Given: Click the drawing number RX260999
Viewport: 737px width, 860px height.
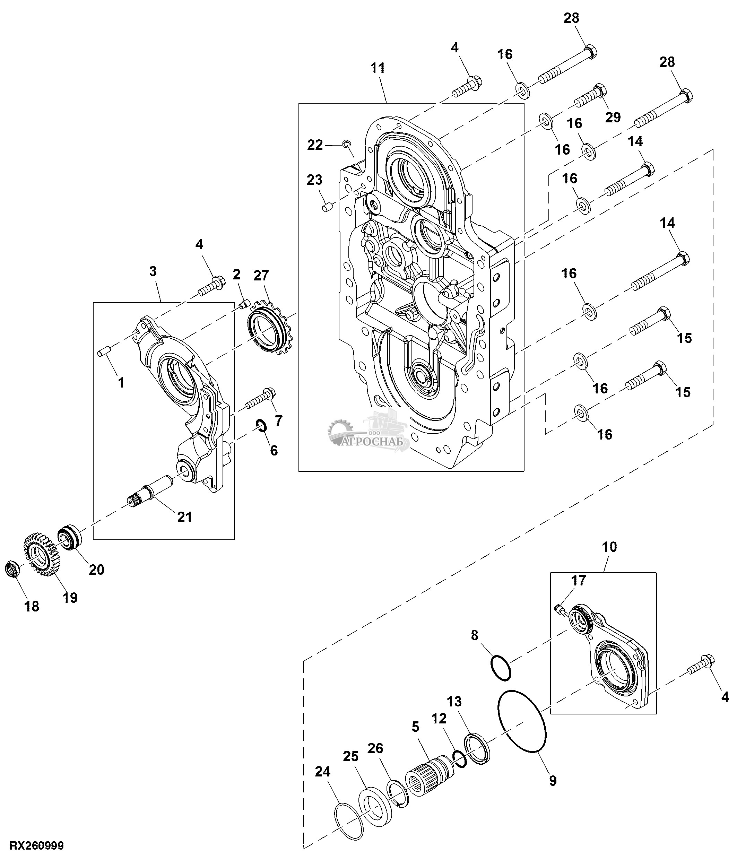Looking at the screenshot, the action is point(36,846).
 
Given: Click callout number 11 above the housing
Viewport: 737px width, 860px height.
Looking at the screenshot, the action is point(378,68).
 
